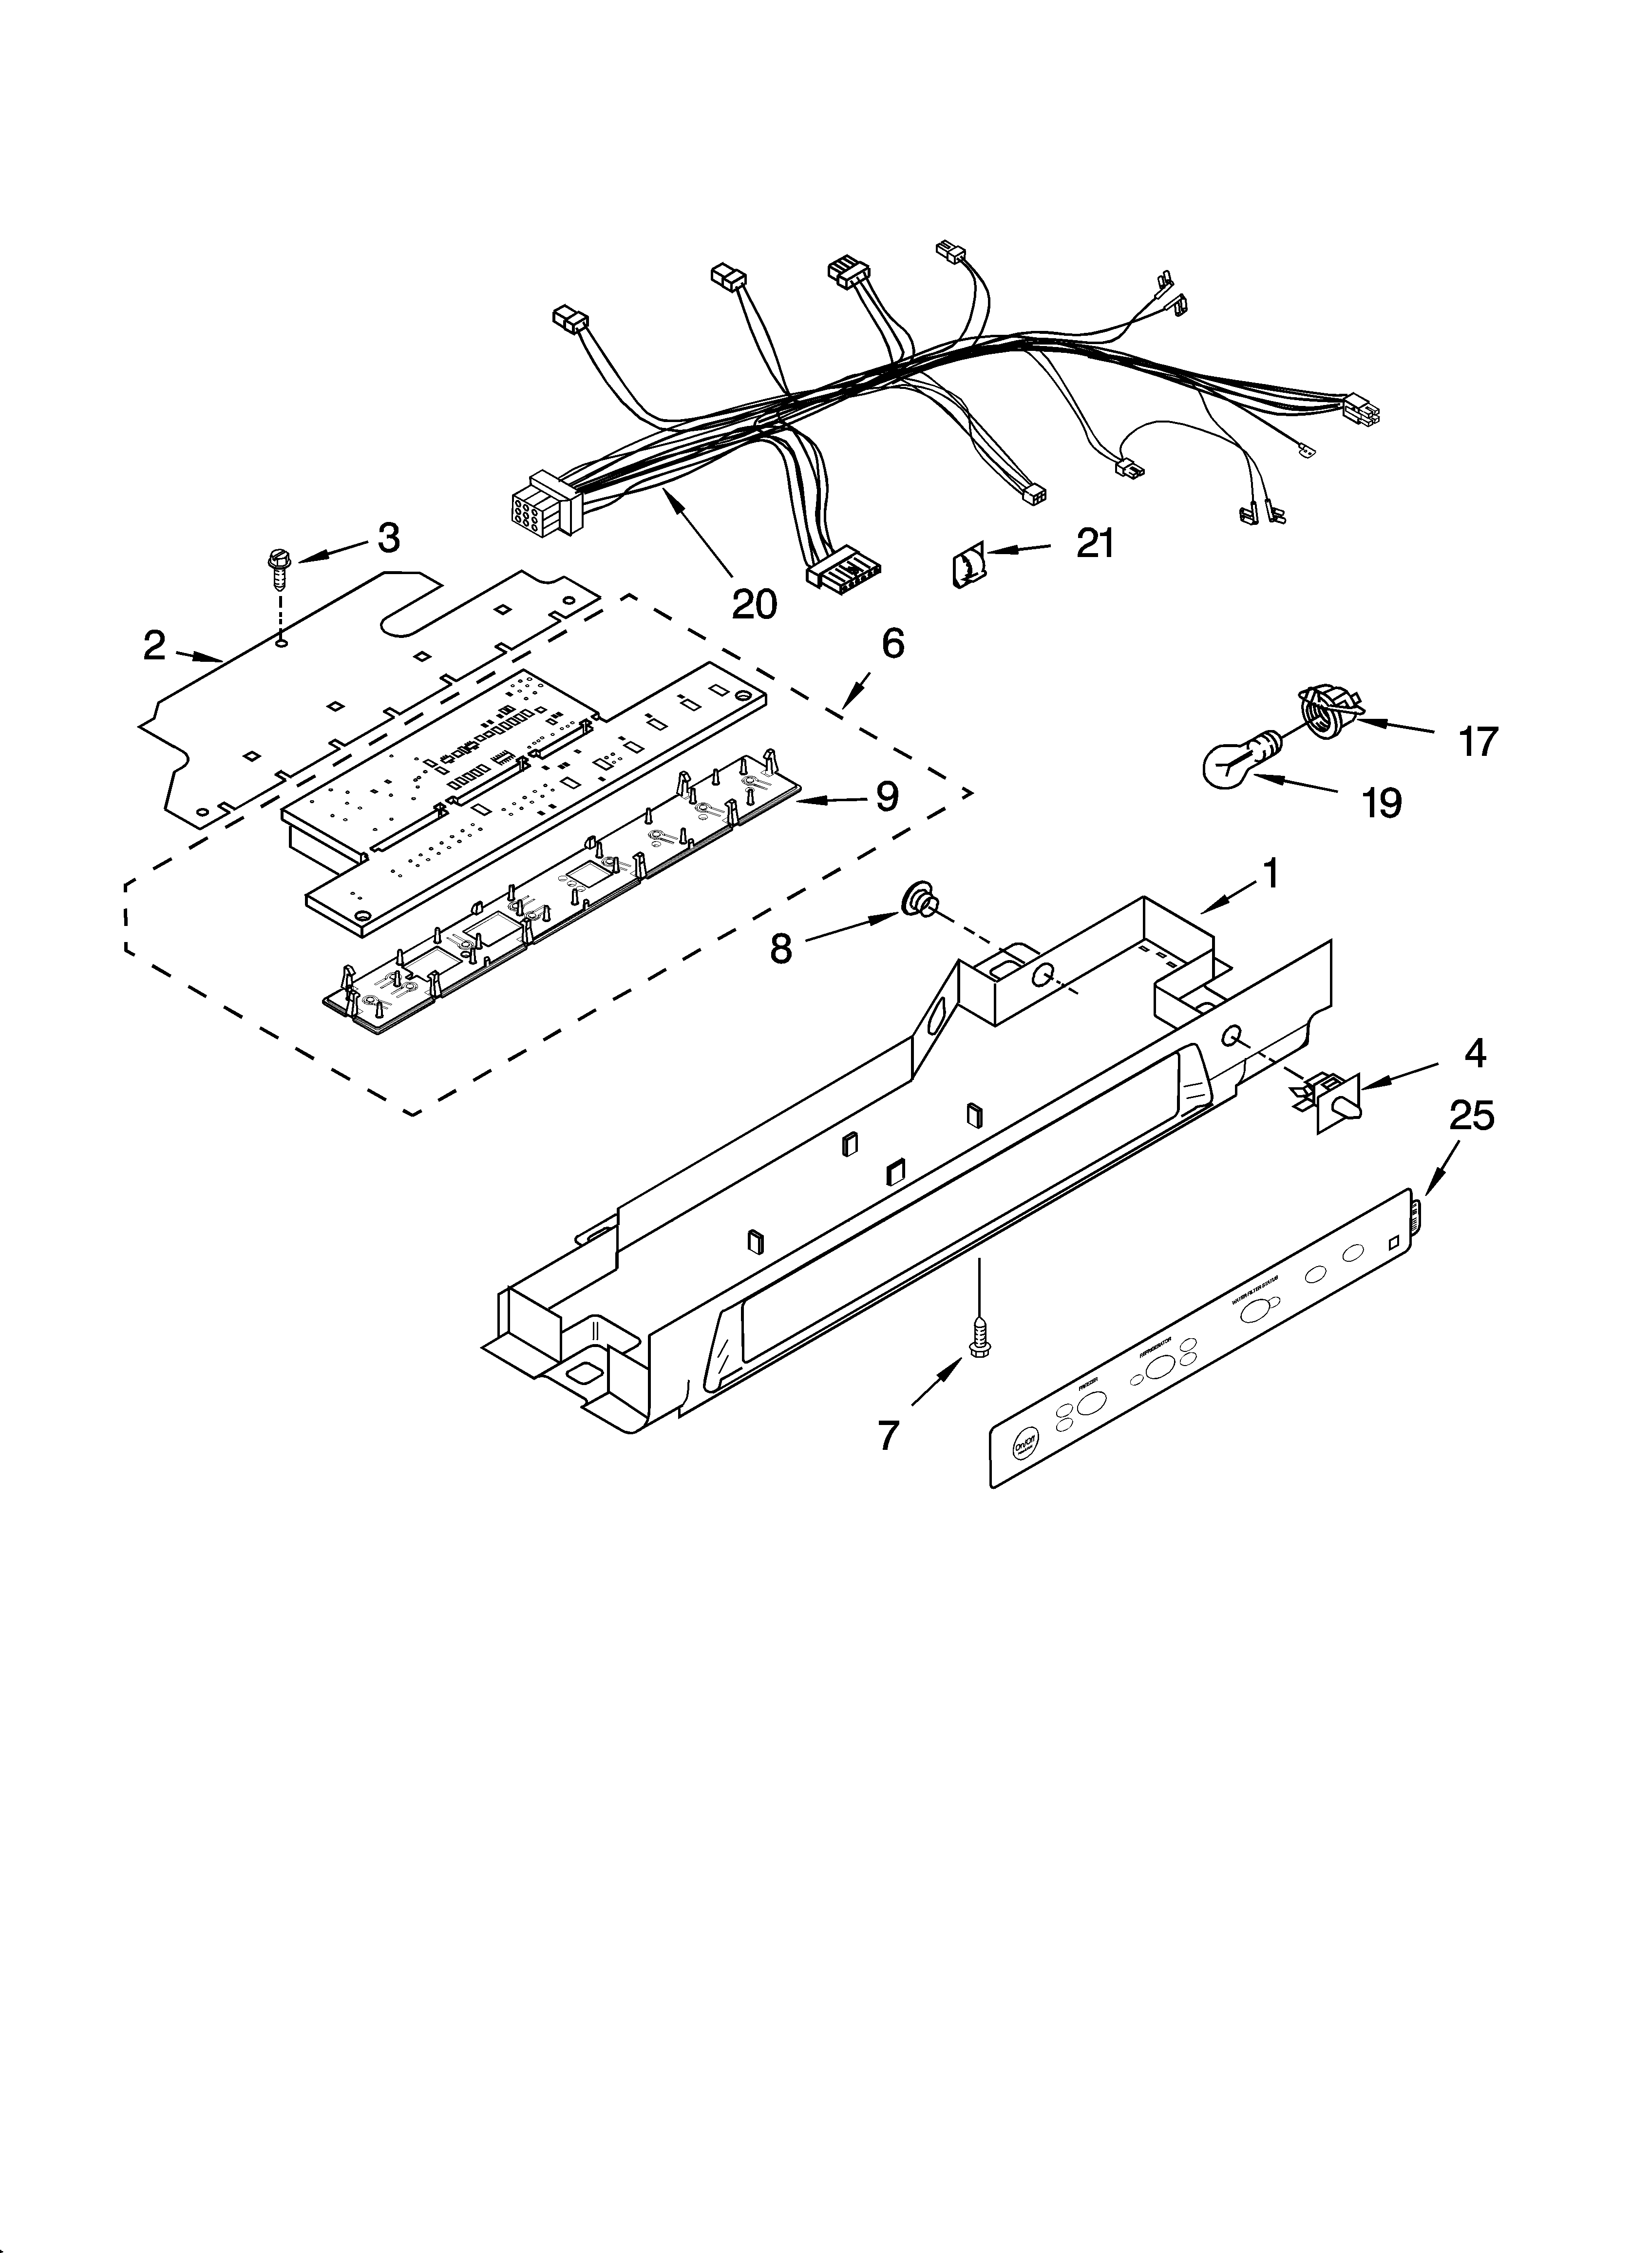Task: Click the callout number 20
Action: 754,603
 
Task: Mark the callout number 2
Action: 154,646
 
